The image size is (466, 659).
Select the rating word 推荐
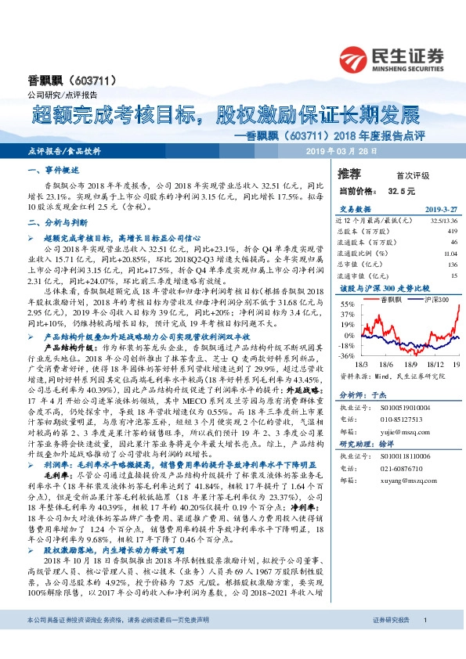pos(348,172)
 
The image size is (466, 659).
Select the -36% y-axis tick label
pos(345,355)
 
